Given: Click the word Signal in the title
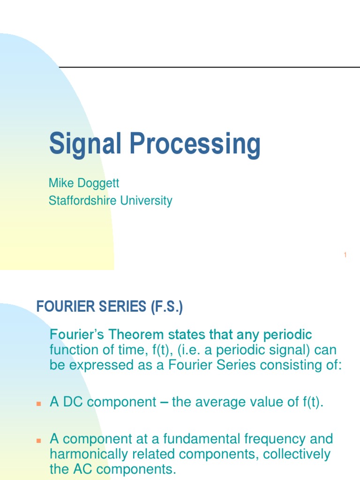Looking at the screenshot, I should click(78, 144).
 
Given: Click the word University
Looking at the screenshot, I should click(146, 201).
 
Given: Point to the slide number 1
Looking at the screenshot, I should click(345, 255).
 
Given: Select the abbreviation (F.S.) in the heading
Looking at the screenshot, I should click(166, 307).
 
